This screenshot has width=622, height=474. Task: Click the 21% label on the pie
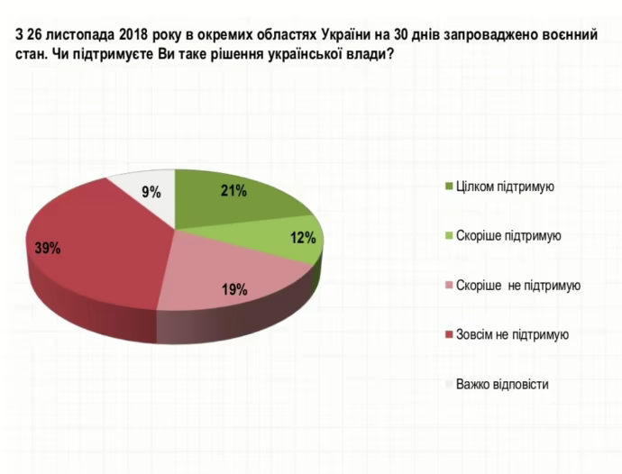(233, 190)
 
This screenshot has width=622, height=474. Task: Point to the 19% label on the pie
(234, 289)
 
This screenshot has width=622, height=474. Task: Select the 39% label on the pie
(47, 249)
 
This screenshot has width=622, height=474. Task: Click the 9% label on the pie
(151, 191)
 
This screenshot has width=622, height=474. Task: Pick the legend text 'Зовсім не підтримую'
(512, 334)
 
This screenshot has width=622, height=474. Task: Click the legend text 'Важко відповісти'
(502, 384)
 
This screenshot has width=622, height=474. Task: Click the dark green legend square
(449, 187)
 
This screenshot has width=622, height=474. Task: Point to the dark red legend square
(449, 334)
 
